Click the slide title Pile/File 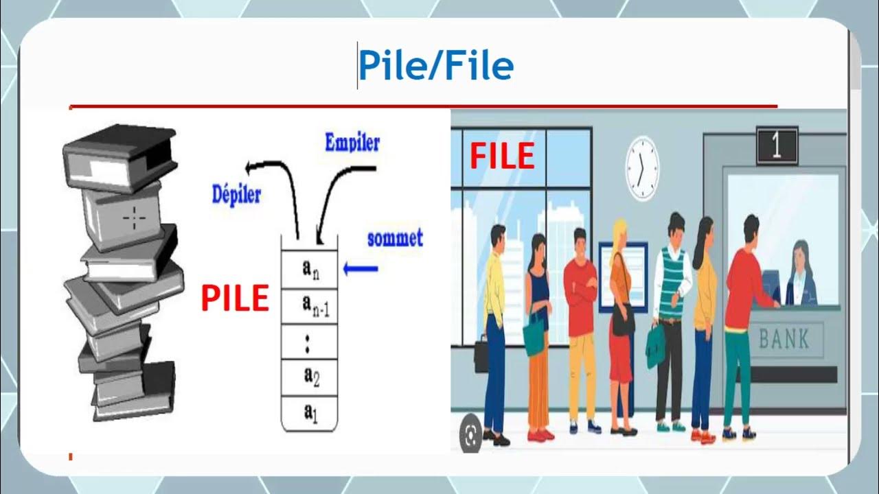click(435, 67)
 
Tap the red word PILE click(235, 299)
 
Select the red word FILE click(502, 157)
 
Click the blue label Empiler click(352, 143)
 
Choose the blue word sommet click(395, 239)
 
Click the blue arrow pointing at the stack click(361, 268)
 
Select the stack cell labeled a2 click(310, 375)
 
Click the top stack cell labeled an click(311, 269)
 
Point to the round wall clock click(642, 169)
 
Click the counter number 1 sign click(777, 146)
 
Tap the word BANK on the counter click(784, 339)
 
